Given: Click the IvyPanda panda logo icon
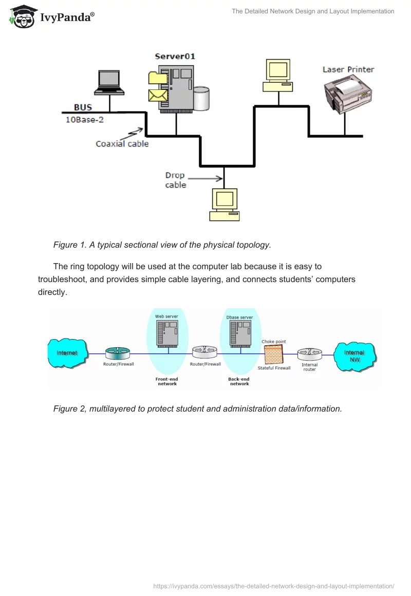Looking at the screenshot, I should tap(21, 16).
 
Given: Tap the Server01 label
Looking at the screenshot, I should tap(175, 56).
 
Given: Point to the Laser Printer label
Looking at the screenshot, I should tap(348, 69).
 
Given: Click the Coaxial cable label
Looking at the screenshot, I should tap(122, 144).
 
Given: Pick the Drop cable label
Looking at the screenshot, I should tap(176, 180).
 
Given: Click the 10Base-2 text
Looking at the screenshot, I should tap(83, 119).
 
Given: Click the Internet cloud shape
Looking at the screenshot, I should tap(67, 353).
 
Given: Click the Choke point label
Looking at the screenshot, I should tap(274, 342).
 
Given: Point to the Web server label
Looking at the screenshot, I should tap(166, 316).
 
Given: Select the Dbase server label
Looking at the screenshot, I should tap(239, 318).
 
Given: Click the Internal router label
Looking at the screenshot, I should tap(309, 367).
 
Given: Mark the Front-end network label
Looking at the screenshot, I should tap(167, 381).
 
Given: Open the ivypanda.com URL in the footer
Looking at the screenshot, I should tap(274, 586).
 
